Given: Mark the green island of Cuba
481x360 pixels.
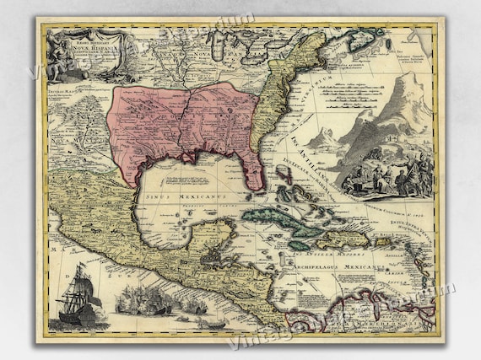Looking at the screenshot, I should point(278,222).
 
